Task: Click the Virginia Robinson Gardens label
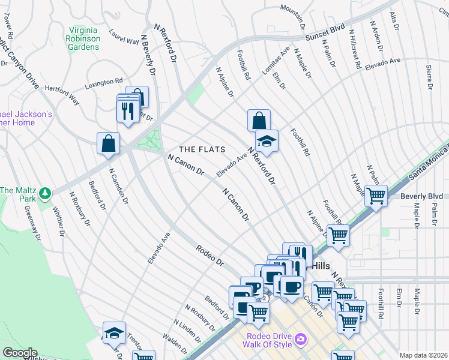click(x=83, y=38)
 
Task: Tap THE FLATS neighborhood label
click(x=202, y=149)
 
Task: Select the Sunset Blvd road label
click(x=325, y=36)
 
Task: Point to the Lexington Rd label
click(x=103, y=82)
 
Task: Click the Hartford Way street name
click(x=62, y=94)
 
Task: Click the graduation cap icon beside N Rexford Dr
click(x=267, y=142)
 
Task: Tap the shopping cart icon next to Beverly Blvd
click(x=376, y=196)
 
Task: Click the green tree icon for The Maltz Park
click(x=45, y=193)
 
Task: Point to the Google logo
click(x=20, y=353)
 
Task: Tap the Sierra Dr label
click(x=429, y=77)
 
